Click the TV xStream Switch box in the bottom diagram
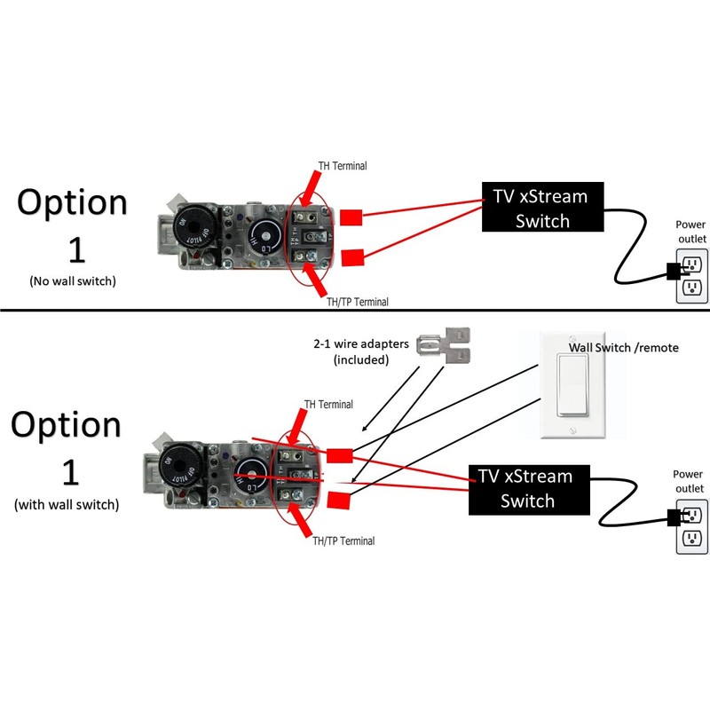[529, 488]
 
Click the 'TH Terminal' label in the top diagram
[343, 166]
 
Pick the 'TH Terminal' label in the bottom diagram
[330, 405]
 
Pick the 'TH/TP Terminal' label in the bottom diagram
[339, 540]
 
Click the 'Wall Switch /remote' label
[623, 347]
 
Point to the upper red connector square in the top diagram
[351, 217]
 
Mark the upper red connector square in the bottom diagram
[339, 456]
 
